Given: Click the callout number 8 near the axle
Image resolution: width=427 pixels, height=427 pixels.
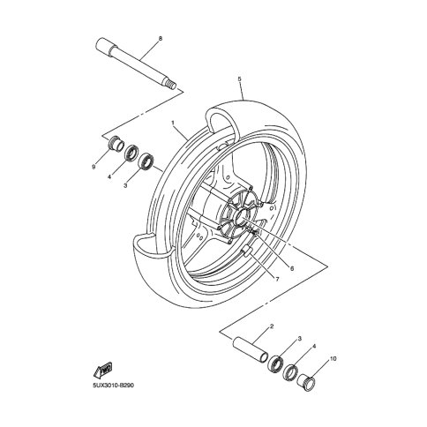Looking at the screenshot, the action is coord(161,39).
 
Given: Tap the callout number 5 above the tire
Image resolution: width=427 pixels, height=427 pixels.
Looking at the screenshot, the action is coord(239,71).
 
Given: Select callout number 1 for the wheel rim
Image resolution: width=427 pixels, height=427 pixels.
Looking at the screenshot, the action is coord(173,122).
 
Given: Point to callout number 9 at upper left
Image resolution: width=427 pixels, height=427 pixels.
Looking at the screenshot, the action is coord(94,167).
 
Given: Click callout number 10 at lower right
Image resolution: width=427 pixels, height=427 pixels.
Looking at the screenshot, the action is coord(333,359).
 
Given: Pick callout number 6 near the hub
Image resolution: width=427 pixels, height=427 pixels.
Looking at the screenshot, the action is coord(292,268).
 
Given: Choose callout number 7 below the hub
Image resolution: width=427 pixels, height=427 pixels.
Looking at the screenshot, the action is coord(277,279).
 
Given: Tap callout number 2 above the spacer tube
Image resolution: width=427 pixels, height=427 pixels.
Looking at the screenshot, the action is coord(272,326).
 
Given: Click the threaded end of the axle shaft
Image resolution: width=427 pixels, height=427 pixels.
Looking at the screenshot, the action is coord(172,85).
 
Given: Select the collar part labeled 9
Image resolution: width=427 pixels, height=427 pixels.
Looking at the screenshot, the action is coord(115,143).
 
